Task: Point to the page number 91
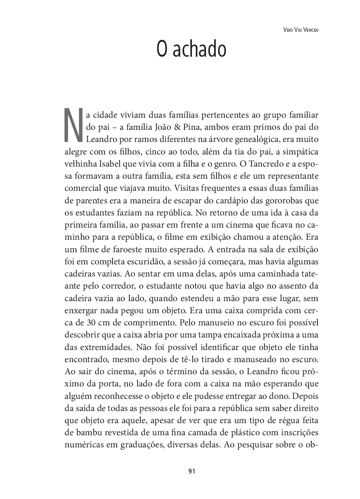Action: (192, 471)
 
